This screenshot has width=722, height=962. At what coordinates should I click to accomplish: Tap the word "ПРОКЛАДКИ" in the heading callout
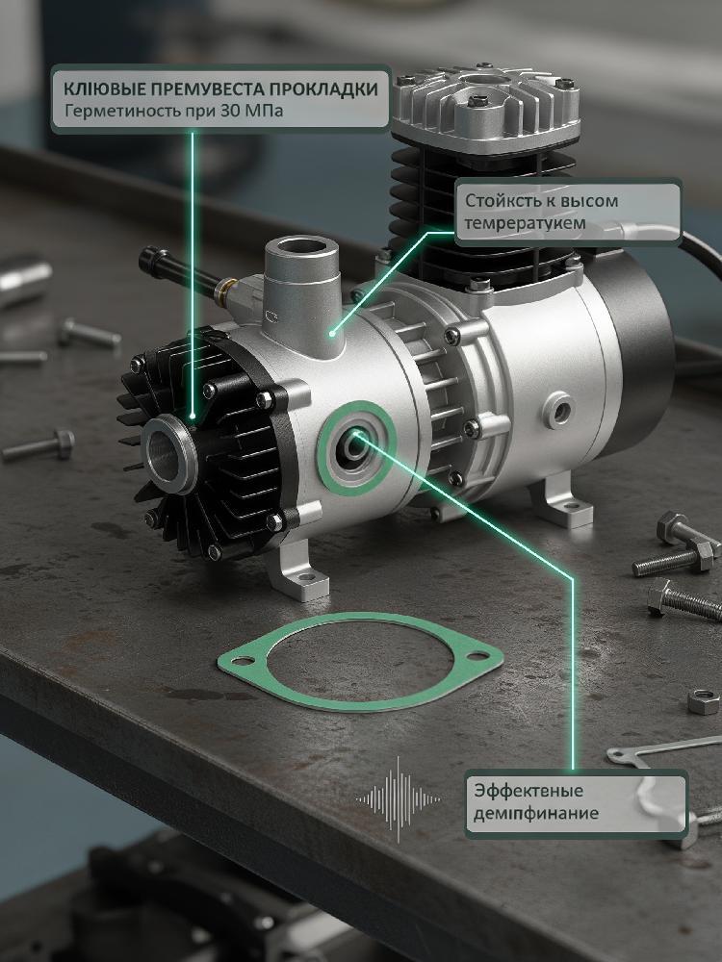tap(323, 89)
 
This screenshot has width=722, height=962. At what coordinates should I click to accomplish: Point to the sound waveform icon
tap(398, 798)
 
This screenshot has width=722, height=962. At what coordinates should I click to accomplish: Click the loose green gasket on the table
tap(360, 662)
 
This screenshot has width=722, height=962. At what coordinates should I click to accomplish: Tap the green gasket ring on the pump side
tap(355, 448)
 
